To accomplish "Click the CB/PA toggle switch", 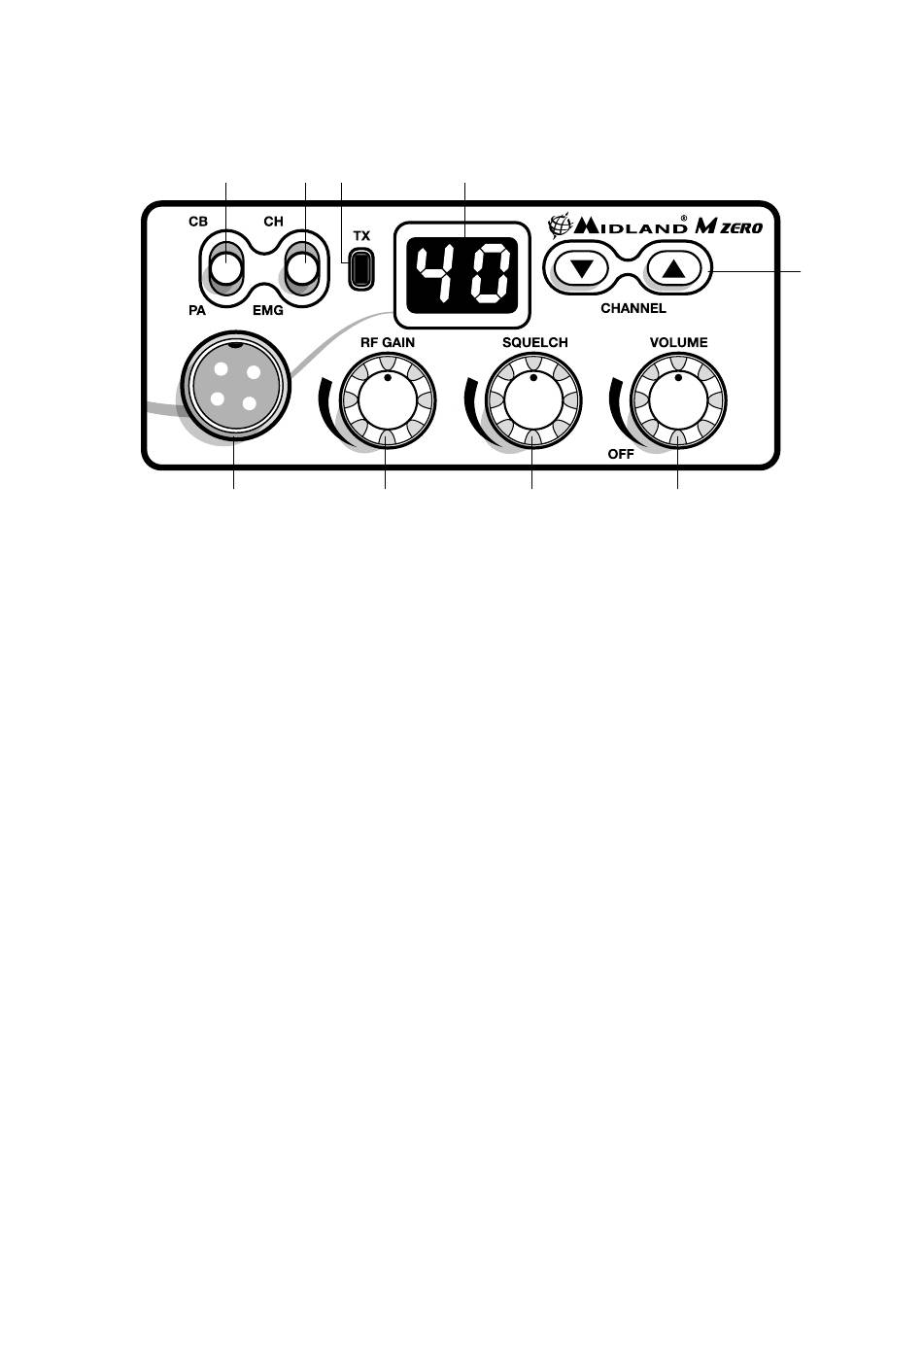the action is [226, 270].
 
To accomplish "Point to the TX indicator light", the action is [361, 268].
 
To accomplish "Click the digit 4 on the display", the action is [433, 274].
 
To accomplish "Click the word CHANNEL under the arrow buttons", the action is [633, 308].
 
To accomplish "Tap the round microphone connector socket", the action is [235, 386].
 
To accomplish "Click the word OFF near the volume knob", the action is [621, 454].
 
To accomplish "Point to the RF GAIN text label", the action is [388, 342].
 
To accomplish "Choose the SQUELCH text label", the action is [534, 342].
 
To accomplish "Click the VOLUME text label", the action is [678, 342].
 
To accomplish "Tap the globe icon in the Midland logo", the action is [561, 226].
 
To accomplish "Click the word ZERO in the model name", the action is [742, 228].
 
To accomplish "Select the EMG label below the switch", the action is [267, 312].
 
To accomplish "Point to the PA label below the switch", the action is [197, 312].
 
